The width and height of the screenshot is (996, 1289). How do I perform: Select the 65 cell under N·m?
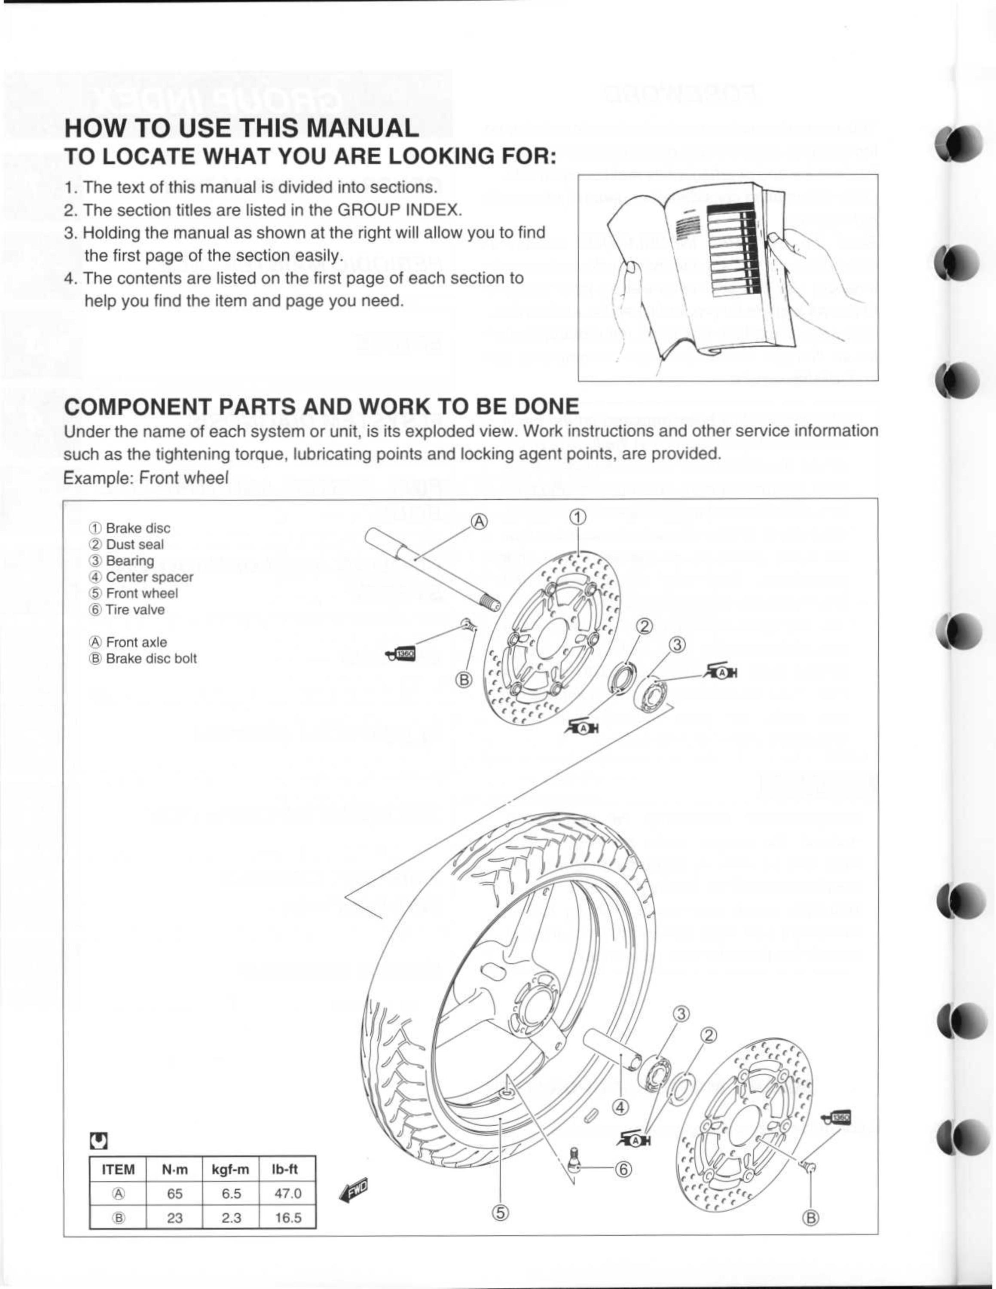[174, 1193]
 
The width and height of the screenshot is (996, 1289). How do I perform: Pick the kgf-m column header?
[231, 1169]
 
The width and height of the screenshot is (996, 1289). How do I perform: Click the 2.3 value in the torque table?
[231, 1218]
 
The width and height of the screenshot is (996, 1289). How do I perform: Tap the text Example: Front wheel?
[145, 477]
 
